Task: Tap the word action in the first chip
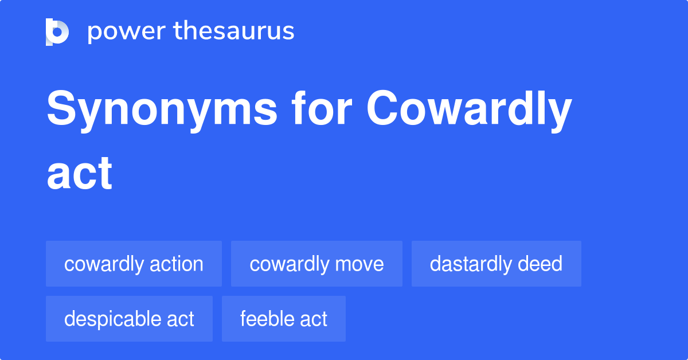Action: [176, 264]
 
